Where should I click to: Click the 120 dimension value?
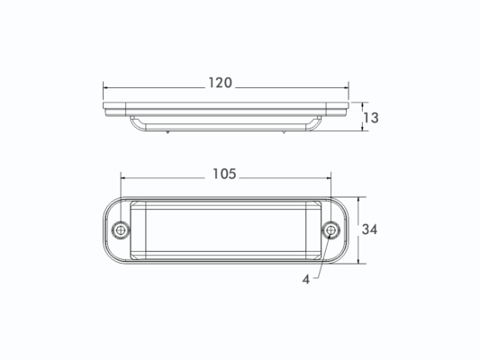[220, 83]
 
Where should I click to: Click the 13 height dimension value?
[371, 118]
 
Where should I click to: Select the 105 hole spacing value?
[224, 174]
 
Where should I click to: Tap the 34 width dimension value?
[369, 229]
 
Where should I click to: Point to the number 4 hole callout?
[306, 279]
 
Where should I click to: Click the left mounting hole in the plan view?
[121, 230]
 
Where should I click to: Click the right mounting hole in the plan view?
[331, 229]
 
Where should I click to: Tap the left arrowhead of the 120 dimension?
[106, 88]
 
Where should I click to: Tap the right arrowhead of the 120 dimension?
[346, 88]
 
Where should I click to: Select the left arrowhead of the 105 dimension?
[123, 177]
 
